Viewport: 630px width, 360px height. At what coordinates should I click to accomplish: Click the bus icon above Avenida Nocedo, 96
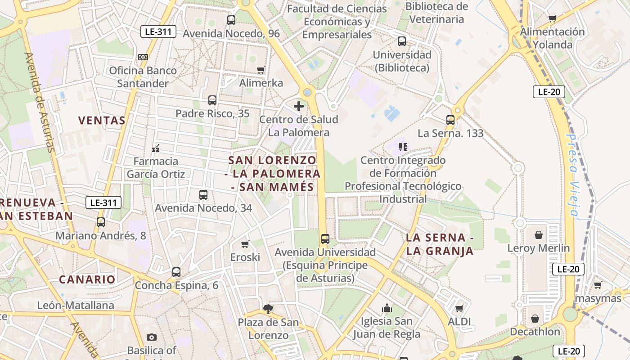point(231,20)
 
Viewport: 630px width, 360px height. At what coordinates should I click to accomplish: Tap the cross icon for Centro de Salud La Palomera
point(298,107)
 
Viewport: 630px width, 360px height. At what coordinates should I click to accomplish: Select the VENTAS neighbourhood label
point(102,120)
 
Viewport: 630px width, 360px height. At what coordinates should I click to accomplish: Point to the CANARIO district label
point(87,279)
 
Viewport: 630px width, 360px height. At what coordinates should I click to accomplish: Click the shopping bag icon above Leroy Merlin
point(538,235)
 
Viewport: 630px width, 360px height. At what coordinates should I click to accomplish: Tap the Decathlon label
point(535,332)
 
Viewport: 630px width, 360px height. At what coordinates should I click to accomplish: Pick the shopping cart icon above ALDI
point(459,309)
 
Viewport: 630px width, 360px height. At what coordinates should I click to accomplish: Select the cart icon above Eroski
point(245,244)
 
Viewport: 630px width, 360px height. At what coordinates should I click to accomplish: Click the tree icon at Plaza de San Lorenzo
point(268,309)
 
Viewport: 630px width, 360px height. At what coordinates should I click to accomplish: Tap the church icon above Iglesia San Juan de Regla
point(387,308)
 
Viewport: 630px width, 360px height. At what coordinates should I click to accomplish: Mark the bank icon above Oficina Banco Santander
point(143,57)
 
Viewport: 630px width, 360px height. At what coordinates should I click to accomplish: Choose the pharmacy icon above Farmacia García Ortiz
point(156,148)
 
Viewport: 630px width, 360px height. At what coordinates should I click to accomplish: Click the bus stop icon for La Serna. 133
point(450,120)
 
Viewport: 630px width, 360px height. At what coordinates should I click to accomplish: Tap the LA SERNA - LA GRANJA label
point(440,244)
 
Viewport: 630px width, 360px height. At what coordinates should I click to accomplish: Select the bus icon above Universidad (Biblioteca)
point(402,41)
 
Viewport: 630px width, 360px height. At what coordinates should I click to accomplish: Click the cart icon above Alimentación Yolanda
point(553,18)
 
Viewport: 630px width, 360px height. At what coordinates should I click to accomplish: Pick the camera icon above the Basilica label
point(152,337)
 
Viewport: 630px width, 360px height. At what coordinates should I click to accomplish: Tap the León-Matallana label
point(76,306)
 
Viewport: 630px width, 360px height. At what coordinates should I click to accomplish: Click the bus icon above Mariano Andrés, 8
point(101,222)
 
